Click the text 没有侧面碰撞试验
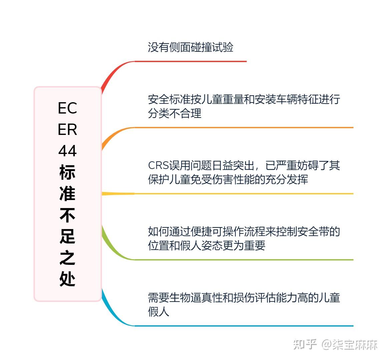(x=190, y=47)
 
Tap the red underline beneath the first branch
(x=190, y=61)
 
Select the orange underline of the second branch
(x=244, y=128)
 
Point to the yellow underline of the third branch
(x=244, y=194)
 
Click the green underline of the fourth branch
(x=244, y=259)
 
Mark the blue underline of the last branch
(x=244, y=326)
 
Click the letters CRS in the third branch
(x=158, y=166)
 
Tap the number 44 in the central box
(x=67, y=151)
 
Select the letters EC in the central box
(x=67, y=108)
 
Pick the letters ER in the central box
(x=67, y=130)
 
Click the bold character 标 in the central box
(x=67, y=172)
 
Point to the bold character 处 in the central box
(x=67, y=279)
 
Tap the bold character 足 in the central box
(x=67, y=236)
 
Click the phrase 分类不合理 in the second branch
(x=175, y=114)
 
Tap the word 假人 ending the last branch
(x=158, y=312)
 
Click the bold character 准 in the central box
(x=67, y=194)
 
